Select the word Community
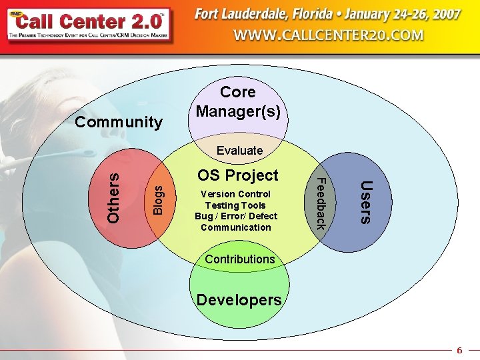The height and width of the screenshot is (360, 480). pyautogui.click(x=119, y=122)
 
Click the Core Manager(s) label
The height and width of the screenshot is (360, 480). pyautogui.click(x=238, y=101)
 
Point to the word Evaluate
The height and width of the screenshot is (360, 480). pyautogui.click(x=239, y=151)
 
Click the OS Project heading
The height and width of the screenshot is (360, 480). pyautogui.click(x=237, y=175)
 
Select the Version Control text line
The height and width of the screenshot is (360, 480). pyautogui.click(x=236, y=194)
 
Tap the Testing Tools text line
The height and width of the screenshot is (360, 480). pyautogui.click(x=236, y=205)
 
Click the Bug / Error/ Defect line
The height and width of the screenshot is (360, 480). pyautogui.click(x=236, y=216)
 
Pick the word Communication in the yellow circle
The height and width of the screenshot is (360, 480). pyautogui.click(x=236, y=227)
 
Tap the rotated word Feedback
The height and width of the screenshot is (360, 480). pyautogui.click(x=320, y=203)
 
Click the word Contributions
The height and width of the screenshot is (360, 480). pyautogui.click(x=239, y=259)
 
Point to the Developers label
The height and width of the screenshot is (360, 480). pyautogui.click(x=239, y=300)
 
